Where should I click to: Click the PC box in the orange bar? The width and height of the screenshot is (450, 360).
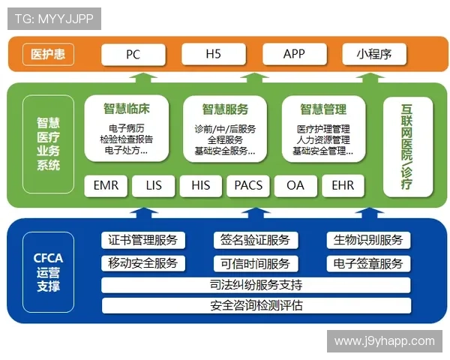click(x=133, y=54)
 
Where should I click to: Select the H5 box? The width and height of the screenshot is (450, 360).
click(x=213, y=54)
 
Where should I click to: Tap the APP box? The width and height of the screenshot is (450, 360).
click(x=294, y=54)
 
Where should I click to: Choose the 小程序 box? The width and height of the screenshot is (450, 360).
click(x=374, y=54)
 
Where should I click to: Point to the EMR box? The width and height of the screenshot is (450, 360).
click(x=106, y=184)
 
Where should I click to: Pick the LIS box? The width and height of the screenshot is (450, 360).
click(x=154, y=184)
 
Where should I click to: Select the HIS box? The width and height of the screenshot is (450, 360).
click(x=201, y=184)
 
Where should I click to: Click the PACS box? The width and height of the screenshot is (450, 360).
click(x=248, y=184)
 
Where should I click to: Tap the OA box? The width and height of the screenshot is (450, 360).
click(x=295, y=184)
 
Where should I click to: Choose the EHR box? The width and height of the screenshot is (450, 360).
click(x=343, y=184)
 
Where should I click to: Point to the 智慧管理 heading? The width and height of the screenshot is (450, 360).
click(x=323, y=107)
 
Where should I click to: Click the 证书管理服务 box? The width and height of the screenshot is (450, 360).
click(x=143, y=240)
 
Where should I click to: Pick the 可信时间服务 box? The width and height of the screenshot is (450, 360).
click(x=255, y=263)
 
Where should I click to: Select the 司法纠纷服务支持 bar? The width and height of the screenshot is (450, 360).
click(x=256, y=285)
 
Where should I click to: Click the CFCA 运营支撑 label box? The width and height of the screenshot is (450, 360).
click(x=48, y=272)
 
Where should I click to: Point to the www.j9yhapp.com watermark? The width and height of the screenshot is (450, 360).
click(x=385, y=341)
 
